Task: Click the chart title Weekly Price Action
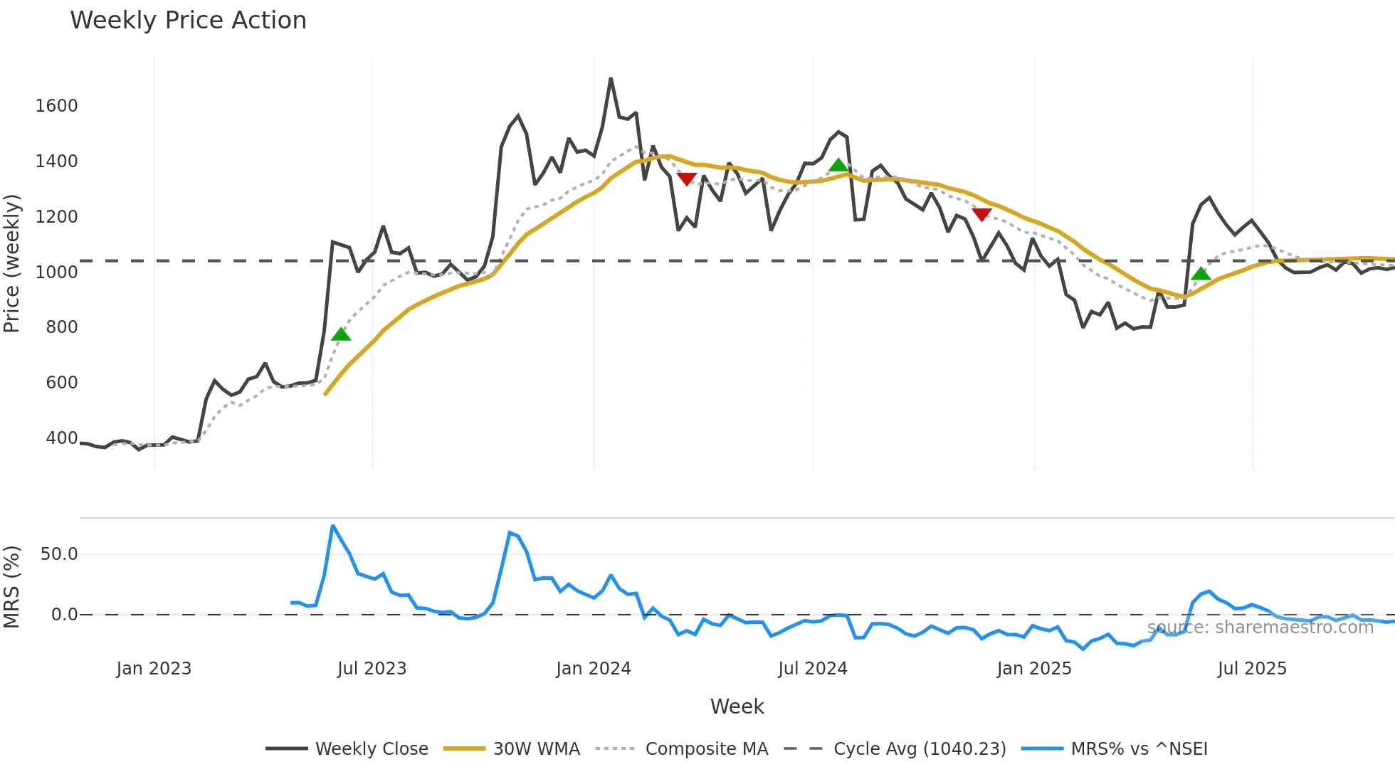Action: (188, 21)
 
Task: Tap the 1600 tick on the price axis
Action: (56, 106)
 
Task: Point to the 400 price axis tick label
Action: (62, 438)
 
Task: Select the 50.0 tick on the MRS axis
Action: (59, 554)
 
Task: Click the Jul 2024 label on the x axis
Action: (812, 669)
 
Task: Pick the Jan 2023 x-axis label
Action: (154, 669)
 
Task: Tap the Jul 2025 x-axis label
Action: (1252, 669)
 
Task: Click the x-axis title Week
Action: (737, 706)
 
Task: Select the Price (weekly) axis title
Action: (12, 263)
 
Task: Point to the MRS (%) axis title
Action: (12, 587)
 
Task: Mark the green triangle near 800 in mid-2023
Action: (341, 334)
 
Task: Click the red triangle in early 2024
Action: (686, 179)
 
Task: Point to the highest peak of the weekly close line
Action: (611, 79)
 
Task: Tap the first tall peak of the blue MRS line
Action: (333, 526)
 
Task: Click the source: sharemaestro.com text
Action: (1260, 627)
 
